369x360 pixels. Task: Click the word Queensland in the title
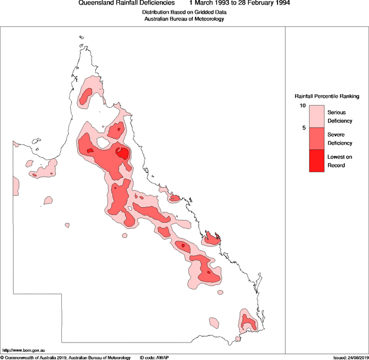[x=95, y=3]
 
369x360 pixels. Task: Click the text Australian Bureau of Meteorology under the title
[x=184, y=19]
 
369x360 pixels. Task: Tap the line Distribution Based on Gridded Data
[x=184, y=11]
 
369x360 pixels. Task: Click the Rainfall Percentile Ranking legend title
[x=327, y=96]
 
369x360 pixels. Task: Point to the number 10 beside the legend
[x=302, y=105]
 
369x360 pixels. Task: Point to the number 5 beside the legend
[x=303, y=127]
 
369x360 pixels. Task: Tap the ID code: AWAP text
[x=154, y=357]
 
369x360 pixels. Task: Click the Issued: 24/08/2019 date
[x=350, y=357]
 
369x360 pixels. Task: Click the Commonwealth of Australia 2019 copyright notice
[x=65, y=357]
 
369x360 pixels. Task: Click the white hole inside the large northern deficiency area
[x=102, y=143]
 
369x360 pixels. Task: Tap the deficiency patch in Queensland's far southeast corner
[x=247, y=321]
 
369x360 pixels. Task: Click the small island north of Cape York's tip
[x=81, y=38]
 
